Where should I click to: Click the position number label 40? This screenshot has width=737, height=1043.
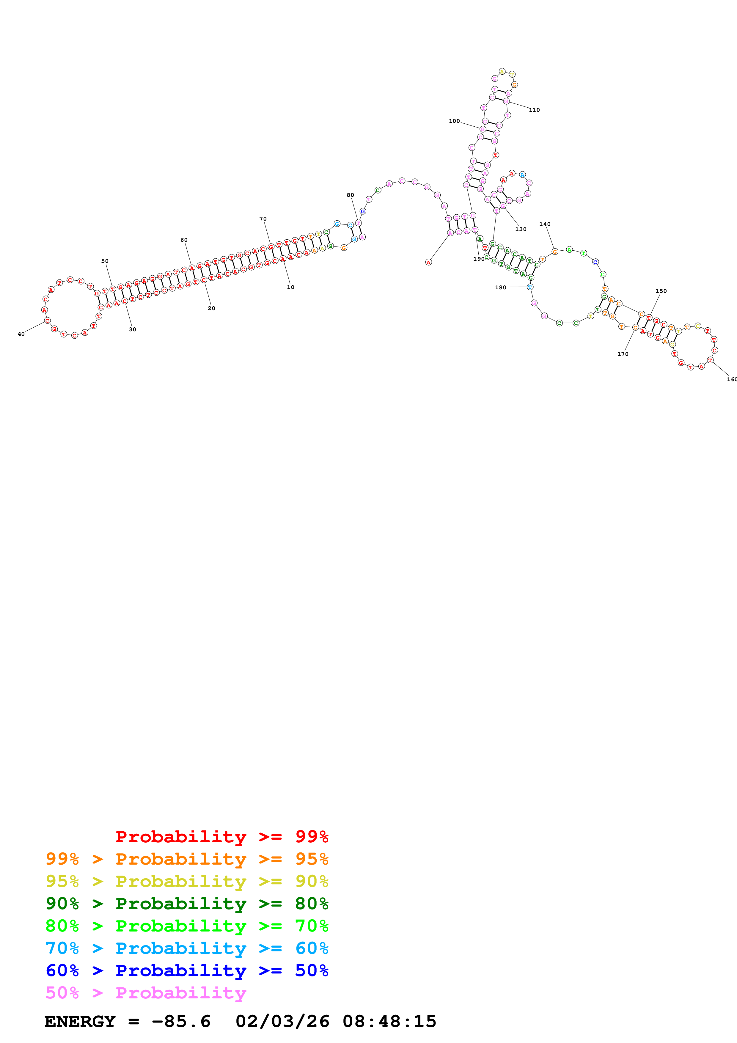pos(21,334)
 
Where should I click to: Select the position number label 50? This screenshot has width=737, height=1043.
pos(105,261)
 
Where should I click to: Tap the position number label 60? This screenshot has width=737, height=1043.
pos(184,240)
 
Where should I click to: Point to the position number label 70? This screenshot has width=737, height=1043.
pos(263,219)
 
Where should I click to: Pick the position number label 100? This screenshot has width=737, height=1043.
pos(454,121)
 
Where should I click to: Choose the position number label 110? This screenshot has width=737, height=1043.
pos(535,110)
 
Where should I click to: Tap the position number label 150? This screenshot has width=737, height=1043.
pos(661,291)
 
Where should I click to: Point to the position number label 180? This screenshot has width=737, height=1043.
pos(500,288)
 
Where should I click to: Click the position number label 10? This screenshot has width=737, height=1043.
pos(291,287)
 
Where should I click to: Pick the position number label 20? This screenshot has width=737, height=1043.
pos(212,308)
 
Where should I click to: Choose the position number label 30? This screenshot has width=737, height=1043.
pos(133,329)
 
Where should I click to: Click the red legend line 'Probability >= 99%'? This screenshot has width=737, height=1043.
pos(221,836)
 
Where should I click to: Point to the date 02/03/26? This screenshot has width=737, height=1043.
pos(282,1021)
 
